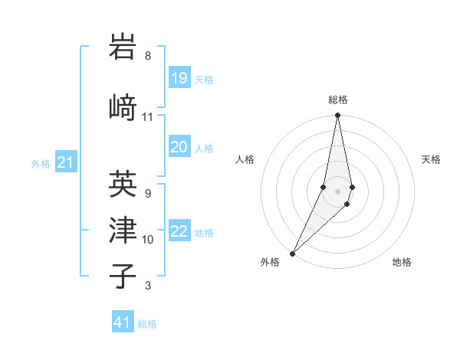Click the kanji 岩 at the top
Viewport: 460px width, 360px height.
(123, 47)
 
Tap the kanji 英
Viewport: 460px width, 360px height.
(123, 184)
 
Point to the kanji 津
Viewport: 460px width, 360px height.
(123, 230)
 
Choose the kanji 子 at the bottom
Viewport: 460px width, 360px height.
(123, 276)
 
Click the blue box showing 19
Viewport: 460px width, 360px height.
(179, 77)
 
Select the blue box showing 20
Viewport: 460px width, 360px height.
(179, 147)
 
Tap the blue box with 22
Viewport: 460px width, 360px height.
(179, 232)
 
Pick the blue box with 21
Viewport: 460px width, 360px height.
(66, 162)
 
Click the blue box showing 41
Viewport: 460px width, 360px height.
(123, 322)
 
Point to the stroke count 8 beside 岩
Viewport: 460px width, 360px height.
(148, 56)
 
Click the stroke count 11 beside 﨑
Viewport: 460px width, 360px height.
(148, 117)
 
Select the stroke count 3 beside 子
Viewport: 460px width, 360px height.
(148, 286)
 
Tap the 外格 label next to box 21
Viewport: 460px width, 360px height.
(41, 163)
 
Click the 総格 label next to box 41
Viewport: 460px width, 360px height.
(147, 324)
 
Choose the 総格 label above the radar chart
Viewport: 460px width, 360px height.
(337, 100)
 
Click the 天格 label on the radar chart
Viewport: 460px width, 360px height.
(431, 159)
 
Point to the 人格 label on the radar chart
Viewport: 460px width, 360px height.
(245, 159)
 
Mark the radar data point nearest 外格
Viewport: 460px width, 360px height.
(292, 253)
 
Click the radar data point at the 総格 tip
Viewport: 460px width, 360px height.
(337, 115)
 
